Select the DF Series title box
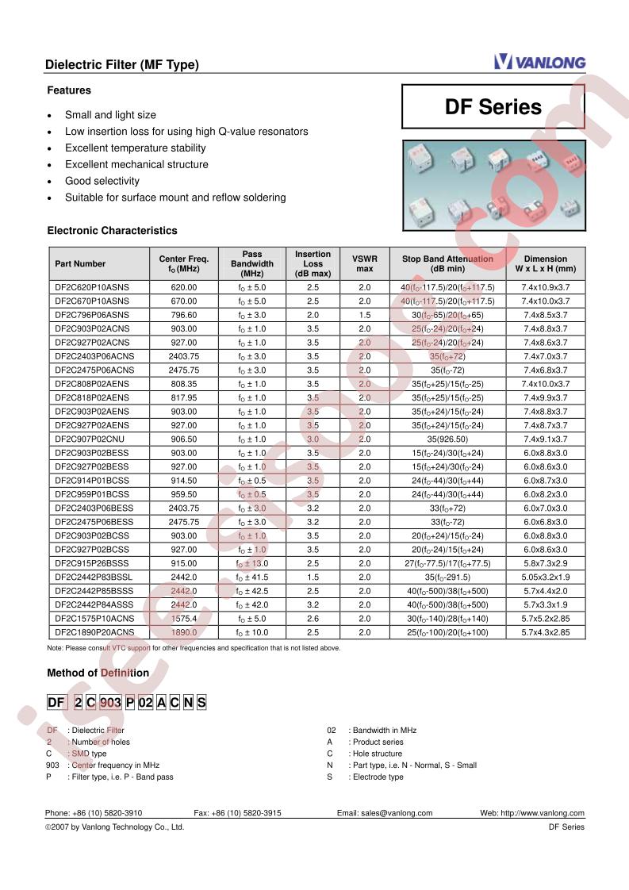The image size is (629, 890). coord(493,107)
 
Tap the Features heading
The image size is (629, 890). coord(69,90)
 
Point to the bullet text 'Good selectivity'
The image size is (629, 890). coord(102,181)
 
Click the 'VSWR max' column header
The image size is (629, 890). coord(365,263)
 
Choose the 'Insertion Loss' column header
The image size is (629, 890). coord(313,263)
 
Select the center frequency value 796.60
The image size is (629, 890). coord(183,315)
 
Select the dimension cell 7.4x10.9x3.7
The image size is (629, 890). coord(546,287)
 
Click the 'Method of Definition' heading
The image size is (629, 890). coord(98,673)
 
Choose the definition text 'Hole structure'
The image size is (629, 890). coord(376,754)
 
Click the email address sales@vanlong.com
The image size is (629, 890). coord(385,813)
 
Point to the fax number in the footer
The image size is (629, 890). coord(238,813)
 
